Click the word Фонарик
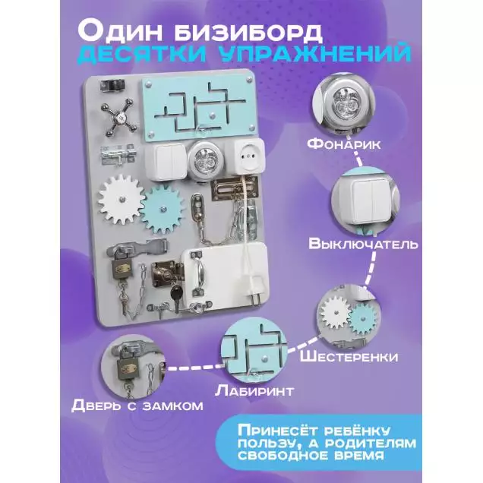coord(344,144)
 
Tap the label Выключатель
coord(364,243)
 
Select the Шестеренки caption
coord(349,357)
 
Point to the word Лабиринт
coord(254,390)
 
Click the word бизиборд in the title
coord(248,31)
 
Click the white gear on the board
coord(122,199)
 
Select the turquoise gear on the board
coord(163,210)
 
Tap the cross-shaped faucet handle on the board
coord(119,118)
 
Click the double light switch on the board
coord(166,162)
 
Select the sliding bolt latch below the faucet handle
coord(118,154)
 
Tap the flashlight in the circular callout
coord(343,103)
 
